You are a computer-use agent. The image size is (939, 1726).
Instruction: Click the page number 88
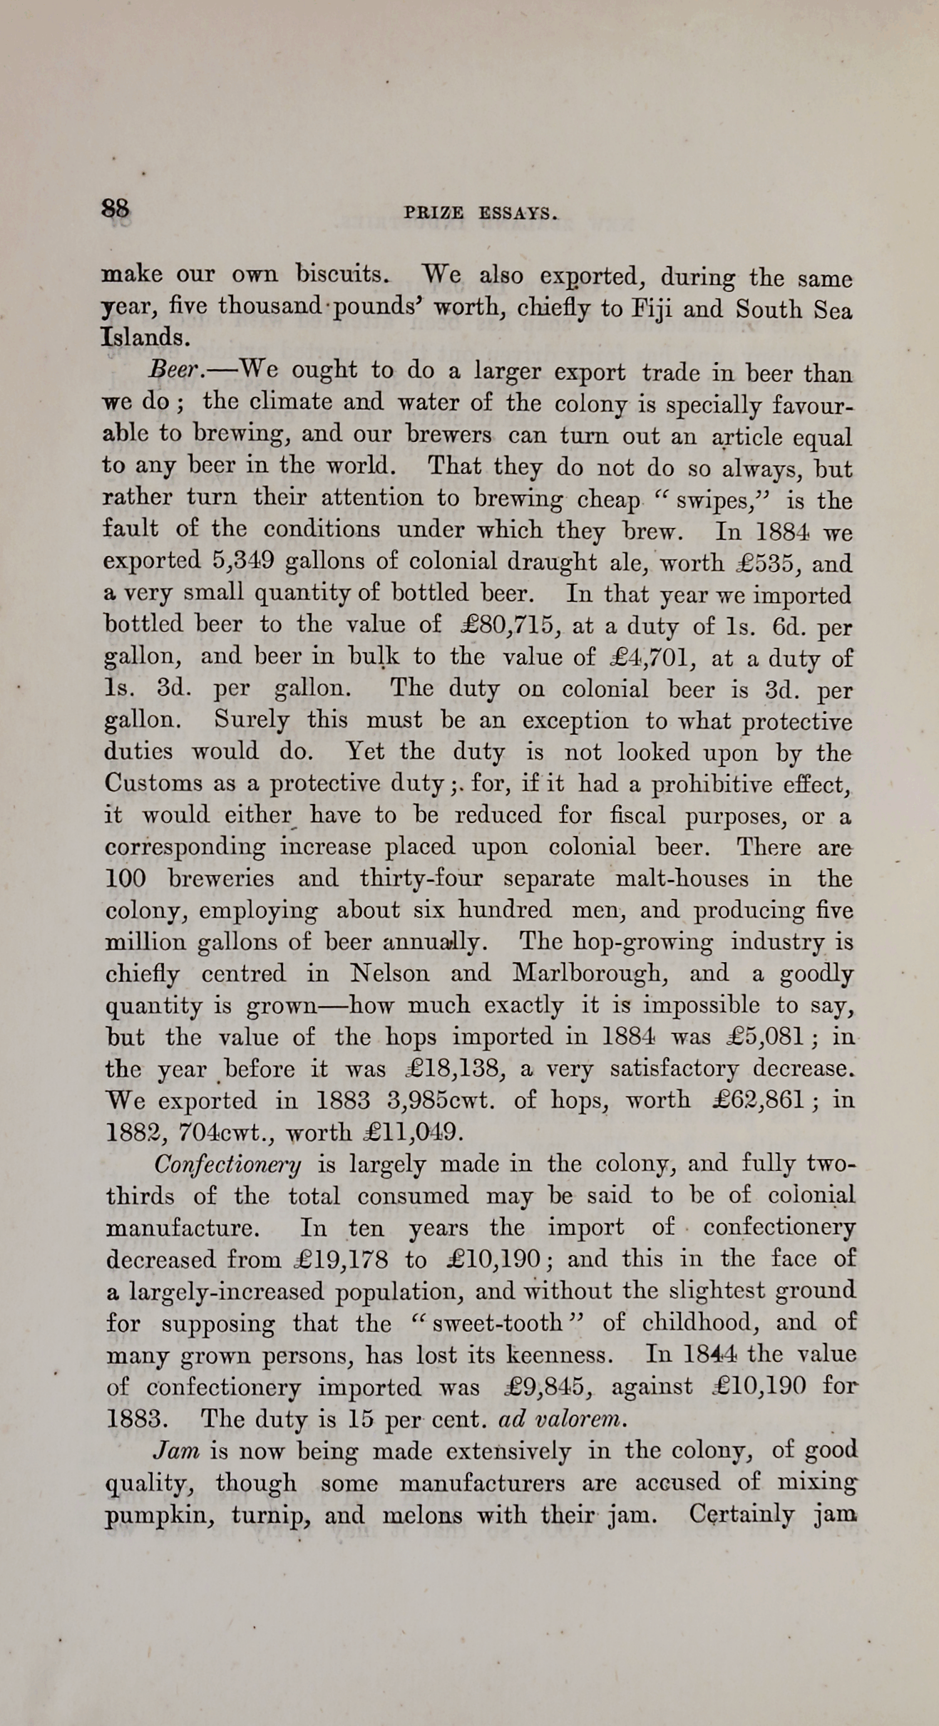[116, 208]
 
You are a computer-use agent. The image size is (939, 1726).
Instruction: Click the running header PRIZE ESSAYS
[479, 212]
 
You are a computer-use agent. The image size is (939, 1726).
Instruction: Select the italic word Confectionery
[227, 1165]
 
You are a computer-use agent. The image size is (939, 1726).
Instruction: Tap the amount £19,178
[342, 1260]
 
